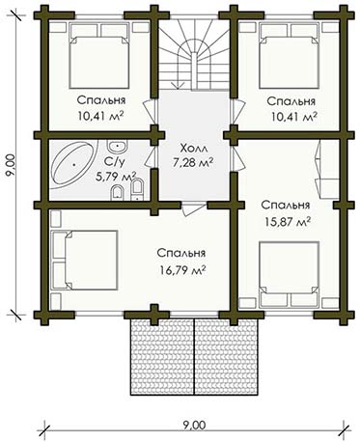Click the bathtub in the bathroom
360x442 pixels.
coord(73,165)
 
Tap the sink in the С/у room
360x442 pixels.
coord(118,147)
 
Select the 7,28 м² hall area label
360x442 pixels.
coord(193,162)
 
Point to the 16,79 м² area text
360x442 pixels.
coord(182,270)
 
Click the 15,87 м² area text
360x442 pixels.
coord(288,222)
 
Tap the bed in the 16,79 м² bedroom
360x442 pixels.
coord(84,261)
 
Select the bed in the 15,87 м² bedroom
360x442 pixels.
coord(290,274)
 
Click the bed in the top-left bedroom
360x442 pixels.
coord(99,56)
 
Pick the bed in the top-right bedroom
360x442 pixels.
coord(290,56)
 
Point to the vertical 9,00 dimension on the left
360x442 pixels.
coord(11,164)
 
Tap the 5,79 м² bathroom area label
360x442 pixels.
coord(116,177)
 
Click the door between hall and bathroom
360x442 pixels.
coord(150,156)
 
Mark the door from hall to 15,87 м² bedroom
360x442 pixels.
coord(237,158)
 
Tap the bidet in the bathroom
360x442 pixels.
coord(118,192)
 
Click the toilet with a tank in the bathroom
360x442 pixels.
coord(137,190)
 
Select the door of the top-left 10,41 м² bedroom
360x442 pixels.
coord(150,110)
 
